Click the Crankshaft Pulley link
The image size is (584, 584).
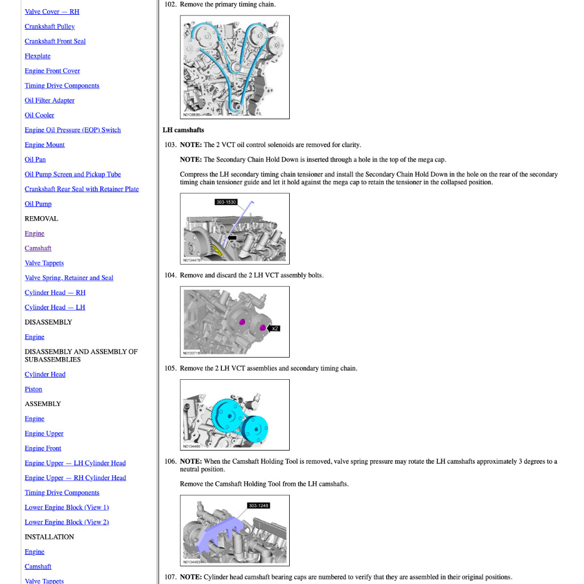pyautogui.click(x=50, y=27)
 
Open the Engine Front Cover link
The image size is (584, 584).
pyautogui.click(x=52, y=71)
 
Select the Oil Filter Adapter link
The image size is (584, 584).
pyautogui.click(x=49, y=101)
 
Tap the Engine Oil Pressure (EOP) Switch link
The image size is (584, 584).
pyautogui.click(x=72, y=130)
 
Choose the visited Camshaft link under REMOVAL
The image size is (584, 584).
pyautogui.click(x=38, y=249)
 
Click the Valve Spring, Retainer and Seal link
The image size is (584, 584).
pyautogui.click(x=68, y=278)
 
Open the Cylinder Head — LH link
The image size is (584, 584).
pyautogui.click(x=54, y=308)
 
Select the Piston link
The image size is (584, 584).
pyautogui.click(x=33, y=390)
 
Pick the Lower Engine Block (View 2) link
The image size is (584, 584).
pyautogui.click(x=66, y=522)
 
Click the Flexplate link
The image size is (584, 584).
pyautogui.click(x=37, y=56)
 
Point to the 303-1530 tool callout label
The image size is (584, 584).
pyautogui.click(x=226, y=202)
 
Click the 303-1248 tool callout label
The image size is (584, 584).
pyautogui.click(x=258, y=506)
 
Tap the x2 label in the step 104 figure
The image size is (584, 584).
pyautogui.click(x=275, y=328)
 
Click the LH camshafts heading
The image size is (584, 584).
pyautogui.click(x=183, y=130)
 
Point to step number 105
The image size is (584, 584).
pyautogui.click(x=170, y=368)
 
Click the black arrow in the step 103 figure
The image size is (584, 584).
pyautogui.click(x=232, y=237)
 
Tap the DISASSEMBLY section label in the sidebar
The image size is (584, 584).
pyautogui.click(x=48, y=322)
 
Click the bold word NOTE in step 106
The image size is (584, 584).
pyautogui.click(x=190, y=461)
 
